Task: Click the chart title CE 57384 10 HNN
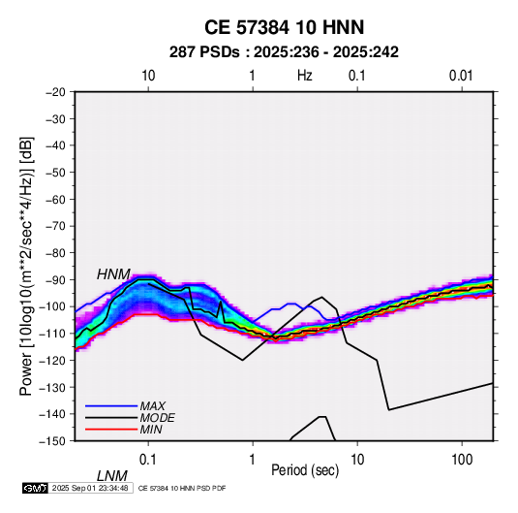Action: (x=284, y=27)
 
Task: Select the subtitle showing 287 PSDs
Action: (x=284, y=52)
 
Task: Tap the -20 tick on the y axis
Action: (x=55, y=92)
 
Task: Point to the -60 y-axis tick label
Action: (x=55, y=199)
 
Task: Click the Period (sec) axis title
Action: (x=305, y=470)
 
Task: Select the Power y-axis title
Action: (x=26, y=266)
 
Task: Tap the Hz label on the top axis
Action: (x=305, y=76)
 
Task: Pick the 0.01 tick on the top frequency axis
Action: (x=461, y=76)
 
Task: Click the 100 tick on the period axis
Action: (x=462, y=460)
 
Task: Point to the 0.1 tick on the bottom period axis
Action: (x=148, y=460)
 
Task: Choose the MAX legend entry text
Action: (x=153, y=405)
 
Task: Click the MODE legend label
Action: (x=157, y=418)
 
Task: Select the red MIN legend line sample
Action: (x=111, y=430)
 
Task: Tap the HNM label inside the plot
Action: (x=113, y=274)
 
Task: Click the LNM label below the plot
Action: (x=112, y=476)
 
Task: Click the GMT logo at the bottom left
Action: (x=35, y=488)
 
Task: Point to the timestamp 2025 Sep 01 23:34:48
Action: (x=90, y=488)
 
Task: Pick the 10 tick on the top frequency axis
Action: (x=148, y=76)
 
